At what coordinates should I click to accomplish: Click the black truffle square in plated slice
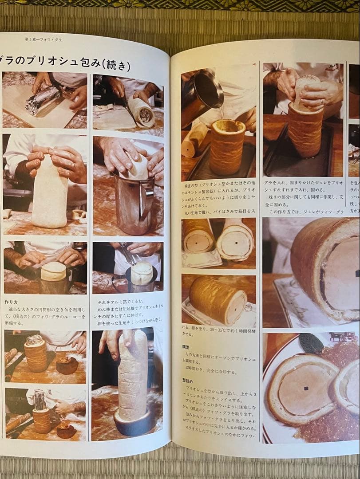(x=306, y=388)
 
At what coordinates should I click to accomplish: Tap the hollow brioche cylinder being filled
(x=227, y=146)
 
